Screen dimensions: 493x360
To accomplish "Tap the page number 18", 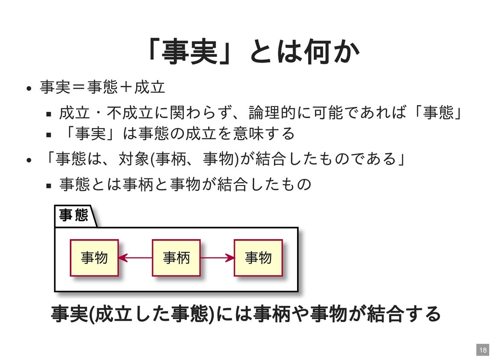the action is [483, 350].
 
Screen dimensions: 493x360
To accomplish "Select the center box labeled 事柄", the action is [176, 258].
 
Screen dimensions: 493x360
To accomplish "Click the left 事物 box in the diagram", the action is [94, 258].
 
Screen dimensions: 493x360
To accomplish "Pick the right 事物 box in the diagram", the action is [258, 258].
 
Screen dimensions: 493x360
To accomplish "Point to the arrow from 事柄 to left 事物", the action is [135, 258].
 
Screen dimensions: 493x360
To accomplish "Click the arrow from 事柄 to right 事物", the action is [217, 258].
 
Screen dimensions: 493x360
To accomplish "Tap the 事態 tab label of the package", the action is [74, 215].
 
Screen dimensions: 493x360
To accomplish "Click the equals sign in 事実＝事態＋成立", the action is [78, 87].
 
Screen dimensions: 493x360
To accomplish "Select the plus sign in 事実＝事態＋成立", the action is [126, 87].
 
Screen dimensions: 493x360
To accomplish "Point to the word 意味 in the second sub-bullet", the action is [248, 133].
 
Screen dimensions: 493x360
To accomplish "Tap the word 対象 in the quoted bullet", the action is [134, 159].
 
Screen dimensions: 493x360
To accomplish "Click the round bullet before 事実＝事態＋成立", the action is [29, 88].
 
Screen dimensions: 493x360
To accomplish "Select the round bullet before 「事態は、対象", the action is [29, 160].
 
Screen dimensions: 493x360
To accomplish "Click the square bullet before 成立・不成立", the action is [49, 114].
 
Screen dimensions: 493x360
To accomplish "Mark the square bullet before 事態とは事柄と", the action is [49, 186].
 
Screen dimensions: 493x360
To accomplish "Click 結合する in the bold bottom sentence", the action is [403, 314].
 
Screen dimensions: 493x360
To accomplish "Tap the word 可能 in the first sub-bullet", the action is [327, 112].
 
